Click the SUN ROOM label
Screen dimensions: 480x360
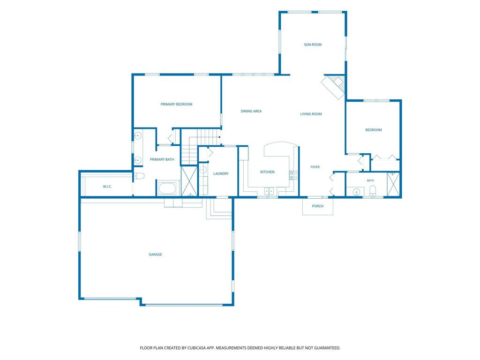(x=313, y=45)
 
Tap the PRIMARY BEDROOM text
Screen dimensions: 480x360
(x=176, y=105)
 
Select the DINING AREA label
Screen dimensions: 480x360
(x=251, y=112)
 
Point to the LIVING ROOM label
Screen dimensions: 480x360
(x=311, y=114)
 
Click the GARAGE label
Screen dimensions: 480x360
(x=155, y=255)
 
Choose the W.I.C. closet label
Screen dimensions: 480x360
(x=107, y=187)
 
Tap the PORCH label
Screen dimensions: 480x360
(x=317, y=206)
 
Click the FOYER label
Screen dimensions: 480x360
(x=315, y=167)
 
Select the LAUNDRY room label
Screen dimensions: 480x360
(x=221, y=174)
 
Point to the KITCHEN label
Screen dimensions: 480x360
(x=267, y=172)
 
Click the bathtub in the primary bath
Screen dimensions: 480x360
(x=167, y=188)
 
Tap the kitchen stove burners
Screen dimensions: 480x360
(x=293, y=175)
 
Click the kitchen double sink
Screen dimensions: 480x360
(x=269, y=192)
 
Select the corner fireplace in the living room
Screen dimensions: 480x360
(x=334, y=87)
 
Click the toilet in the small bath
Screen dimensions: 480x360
(x=373, y=191)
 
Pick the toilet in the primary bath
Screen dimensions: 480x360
(x=139, y=176)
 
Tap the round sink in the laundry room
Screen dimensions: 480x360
(x=203, y=170)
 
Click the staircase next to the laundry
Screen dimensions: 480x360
(x=201, y=147)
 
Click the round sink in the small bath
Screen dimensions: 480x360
(x=356, y=192)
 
